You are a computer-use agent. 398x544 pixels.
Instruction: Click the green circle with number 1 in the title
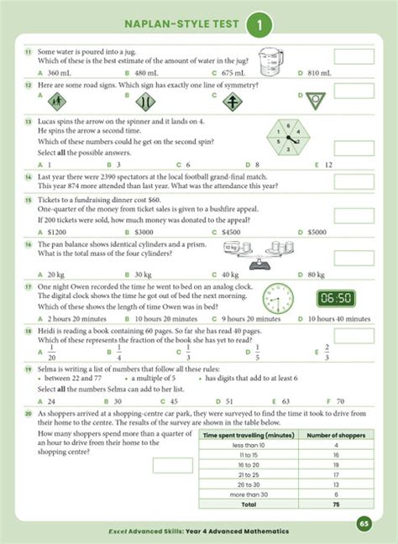259,27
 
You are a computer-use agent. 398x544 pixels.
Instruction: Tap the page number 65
364,523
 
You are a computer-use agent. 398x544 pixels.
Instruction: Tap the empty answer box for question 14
353,181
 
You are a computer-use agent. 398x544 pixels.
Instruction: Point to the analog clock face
277,297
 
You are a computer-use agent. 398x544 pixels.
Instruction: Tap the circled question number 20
29,414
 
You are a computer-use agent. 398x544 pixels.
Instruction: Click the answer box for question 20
172,464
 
